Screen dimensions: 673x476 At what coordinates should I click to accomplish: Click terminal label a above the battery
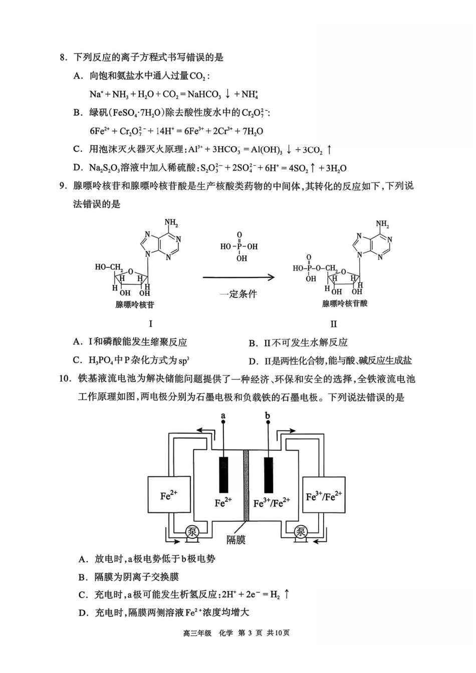[223, 416]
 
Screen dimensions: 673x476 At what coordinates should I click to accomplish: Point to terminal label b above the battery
[268, 416]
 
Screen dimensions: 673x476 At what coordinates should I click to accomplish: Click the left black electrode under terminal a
[223, 475]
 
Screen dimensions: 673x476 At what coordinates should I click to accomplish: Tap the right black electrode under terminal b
[269, 475]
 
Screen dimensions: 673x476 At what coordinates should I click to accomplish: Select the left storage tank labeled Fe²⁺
[169, 495]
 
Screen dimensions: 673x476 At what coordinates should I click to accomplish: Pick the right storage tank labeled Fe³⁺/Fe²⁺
[324, 495]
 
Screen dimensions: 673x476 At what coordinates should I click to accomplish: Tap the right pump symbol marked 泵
[300, 532]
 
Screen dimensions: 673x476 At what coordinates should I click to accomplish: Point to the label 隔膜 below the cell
[236, 540]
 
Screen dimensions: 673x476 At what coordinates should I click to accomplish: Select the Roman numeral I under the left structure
[151, 323]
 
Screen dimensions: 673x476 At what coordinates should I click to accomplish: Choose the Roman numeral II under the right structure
[334, 323]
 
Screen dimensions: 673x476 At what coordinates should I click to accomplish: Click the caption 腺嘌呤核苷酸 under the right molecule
[345, 303]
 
